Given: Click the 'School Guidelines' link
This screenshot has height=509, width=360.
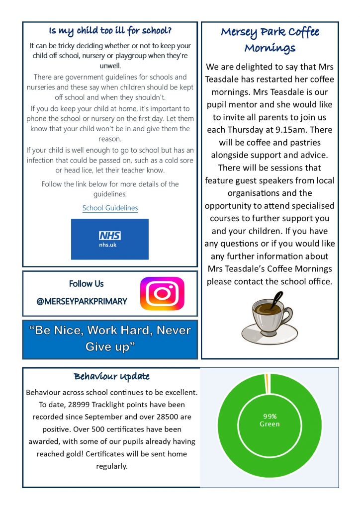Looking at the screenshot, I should coord(110,208).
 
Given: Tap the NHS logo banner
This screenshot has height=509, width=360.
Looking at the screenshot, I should coord(109,239).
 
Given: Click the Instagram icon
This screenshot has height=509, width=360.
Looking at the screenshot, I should coord(162,294).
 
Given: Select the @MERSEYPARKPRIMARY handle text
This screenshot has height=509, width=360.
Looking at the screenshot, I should coord(82,301).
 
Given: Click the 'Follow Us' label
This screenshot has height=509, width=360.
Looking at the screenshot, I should coord(86,284).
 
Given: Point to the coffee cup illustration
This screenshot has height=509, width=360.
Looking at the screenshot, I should coord(269,321).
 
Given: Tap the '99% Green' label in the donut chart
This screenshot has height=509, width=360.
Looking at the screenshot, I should coord(270,420).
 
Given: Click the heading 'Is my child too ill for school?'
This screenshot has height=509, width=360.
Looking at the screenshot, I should coord(110,31).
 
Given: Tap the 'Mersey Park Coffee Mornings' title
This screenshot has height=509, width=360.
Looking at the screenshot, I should coord(270,40).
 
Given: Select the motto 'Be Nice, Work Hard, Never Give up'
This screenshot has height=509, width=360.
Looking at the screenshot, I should coord(110,339).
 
